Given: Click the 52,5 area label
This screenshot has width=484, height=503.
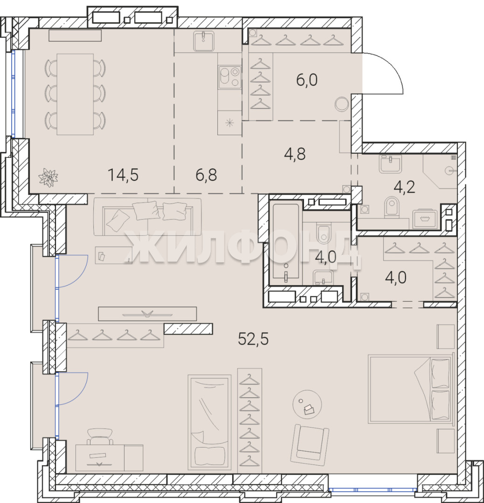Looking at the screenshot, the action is [x=253, y=339].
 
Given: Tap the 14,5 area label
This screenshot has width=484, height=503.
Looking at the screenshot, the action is [x=123, y=175].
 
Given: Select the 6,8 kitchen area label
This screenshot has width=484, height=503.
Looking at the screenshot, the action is [x=206, y=175].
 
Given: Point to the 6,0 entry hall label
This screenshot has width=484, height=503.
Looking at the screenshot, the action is [x=307, y=80].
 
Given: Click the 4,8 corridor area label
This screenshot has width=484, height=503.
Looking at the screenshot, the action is [x=295, y=154].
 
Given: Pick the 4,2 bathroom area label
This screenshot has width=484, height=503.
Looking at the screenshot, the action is [x=404, y=187].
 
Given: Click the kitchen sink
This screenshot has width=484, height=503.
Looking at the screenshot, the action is [x=204, y=41].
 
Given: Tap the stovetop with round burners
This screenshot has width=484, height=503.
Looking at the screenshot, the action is [x=229, y=77].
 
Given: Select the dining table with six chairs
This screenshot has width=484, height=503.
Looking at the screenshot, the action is [x=75, y=94].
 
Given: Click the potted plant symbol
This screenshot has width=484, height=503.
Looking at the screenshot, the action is [x=48, y=177].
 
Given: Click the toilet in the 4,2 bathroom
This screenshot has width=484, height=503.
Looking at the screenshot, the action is [x=392, y=207].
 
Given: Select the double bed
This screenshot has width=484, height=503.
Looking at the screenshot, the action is [x=410, y=389].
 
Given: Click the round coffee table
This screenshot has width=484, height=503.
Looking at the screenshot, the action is [x=307, y=404].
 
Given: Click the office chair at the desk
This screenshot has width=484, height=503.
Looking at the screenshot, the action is [x=100, y=436].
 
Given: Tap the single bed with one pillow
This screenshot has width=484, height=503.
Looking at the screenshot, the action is [x=209, y=422].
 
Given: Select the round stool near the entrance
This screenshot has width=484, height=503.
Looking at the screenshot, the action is [x=341, y=104].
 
